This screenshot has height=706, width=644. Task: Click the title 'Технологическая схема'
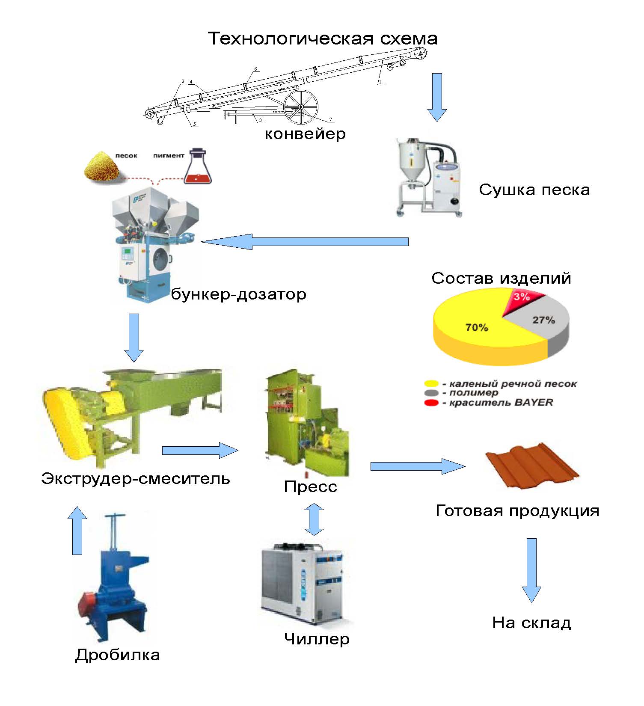point(323,39)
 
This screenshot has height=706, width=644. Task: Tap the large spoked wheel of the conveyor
point(301,107)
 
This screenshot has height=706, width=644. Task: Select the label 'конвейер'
point(305,134)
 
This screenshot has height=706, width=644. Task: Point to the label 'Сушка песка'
point(534,190)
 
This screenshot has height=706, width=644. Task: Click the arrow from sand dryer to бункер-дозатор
point(304,242)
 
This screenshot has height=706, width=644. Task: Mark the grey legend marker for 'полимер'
point(432,393)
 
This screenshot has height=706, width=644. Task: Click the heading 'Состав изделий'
point(501,278)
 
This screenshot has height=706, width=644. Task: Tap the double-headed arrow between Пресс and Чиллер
point(314,519)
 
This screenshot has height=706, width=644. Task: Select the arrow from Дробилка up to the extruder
point(77,530)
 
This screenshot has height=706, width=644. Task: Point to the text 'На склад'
point(531,623)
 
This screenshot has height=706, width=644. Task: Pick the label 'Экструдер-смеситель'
point(136,478)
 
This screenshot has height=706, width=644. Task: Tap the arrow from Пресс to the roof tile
point(418,466)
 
